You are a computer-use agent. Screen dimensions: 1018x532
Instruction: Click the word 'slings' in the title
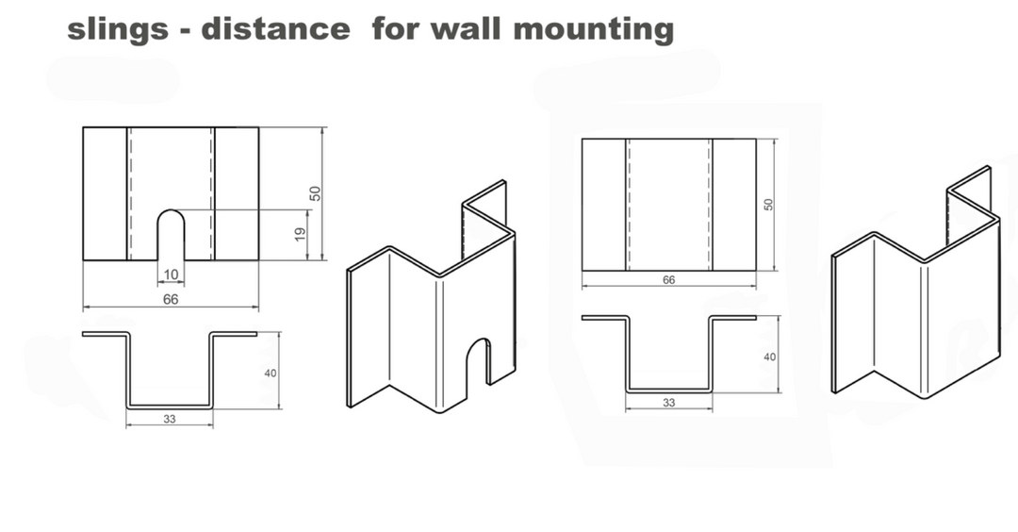point(118,30)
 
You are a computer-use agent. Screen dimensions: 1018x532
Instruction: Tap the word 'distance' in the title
point(275,28)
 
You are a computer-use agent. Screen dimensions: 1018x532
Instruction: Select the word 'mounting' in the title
point(594,30)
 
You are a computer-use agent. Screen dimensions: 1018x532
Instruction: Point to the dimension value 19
point(300,235)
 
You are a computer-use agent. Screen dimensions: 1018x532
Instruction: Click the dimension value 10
point(171,274)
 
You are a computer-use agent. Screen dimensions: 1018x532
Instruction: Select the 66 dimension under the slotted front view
point(170,299)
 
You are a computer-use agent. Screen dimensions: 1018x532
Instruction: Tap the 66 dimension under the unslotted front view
point(668,280)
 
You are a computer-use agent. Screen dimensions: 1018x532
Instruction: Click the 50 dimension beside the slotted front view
point(315,193)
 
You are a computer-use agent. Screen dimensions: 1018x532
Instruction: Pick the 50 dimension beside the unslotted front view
point(769,204)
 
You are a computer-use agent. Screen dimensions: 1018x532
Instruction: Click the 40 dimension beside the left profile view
point(271,374)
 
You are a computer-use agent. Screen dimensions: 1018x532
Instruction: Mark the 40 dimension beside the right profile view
point(769,357)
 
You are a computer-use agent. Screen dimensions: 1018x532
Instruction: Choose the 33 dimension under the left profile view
point(170,420)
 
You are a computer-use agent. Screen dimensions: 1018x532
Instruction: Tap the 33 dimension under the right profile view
point(668,403)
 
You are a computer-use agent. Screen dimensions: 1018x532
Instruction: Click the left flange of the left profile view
point(106,335)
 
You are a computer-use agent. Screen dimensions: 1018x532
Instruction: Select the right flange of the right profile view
point(732,318)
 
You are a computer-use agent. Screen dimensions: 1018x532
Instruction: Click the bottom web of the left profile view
point(170,407)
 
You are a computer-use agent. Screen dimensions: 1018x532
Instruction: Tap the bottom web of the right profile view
point(668,391)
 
